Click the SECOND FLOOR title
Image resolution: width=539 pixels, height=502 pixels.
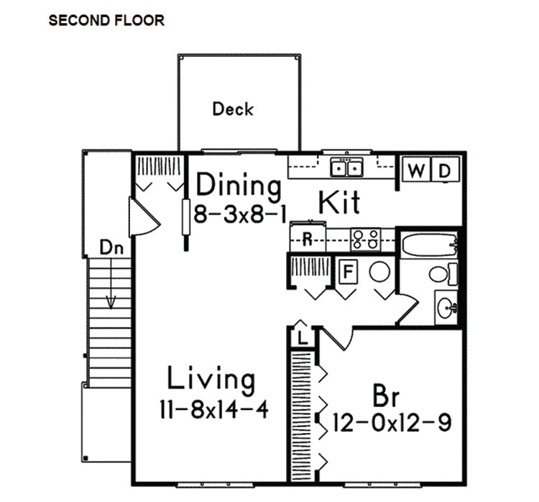tap(106, 21)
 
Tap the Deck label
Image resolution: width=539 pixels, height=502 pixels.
tap(233, 109)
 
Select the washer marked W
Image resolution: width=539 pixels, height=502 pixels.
tap(416, 170)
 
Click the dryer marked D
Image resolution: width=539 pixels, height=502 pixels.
tap(445, 170)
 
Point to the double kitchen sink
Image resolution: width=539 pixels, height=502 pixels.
tap(346, 168)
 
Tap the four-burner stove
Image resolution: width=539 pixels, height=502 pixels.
tap(366, 239)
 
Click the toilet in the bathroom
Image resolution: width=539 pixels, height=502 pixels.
tap(443, 274)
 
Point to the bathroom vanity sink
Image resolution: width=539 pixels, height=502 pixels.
tap(446, 307)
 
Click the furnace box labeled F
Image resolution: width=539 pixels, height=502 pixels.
tap(349, 271)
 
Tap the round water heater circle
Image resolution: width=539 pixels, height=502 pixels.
tap(379, 272)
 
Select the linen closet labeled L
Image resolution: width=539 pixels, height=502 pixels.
tap(302, 337)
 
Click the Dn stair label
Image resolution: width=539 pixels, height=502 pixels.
tap(111, 247)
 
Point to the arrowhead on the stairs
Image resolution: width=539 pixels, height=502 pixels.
tap(111, 302)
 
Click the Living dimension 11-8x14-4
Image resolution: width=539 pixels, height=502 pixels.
tap(214, 409)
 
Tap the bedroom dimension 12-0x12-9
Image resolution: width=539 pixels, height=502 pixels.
tap(392, 422)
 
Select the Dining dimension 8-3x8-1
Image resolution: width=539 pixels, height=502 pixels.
tap(240, 214)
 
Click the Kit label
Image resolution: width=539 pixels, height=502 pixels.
tap(340, 202)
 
